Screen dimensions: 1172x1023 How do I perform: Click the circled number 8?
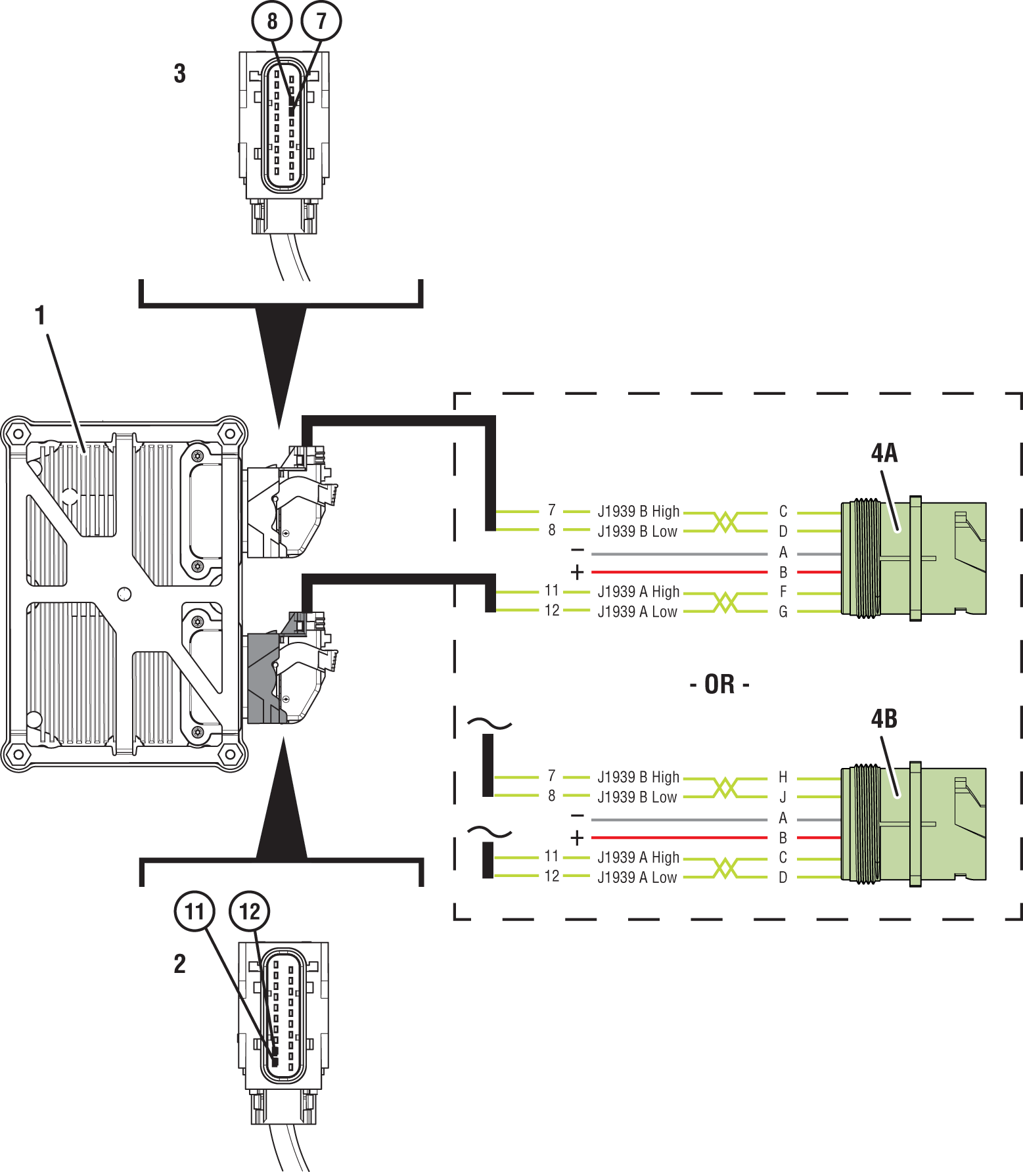(x=272, y=21)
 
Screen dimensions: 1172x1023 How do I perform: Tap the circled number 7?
(x=321, y=21)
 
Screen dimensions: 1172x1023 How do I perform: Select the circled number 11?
(x=194, y=911)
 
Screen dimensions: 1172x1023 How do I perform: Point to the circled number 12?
(x=250, y=911)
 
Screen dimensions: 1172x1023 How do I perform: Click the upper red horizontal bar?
(x=683, y=573)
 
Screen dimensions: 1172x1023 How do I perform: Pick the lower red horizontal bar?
(x=683, y=839)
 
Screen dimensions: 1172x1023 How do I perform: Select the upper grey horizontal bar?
(x=683, y=553)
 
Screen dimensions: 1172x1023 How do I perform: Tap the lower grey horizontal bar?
(x=683, y=819)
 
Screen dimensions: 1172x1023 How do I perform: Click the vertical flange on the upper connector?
(x=916, y=558)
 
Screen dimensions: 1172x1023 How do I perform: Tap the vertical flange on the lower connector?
(x=916, y=824)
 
